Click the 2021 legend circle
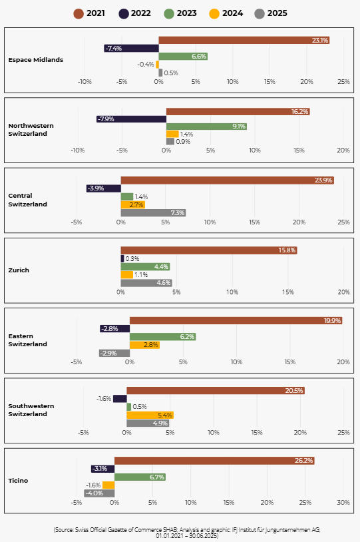79,13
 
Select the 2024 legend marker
214,13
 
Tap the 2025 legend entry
271,13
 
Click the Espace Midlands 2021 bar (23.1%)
244,40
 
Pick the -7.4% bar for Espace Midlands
131,49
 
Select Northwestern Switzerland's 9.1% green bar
206,126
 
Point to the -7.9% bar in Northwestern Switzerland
131,119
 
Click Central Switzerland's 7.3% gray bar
154,213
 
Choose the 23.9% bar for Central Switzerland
228,180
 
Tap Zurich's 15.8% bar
209,250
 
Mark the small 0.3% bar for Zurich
122,258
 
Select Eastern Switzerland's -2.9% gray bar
114,353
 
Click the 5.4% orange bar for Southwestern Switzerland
150,415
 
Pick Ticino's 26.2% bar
214,460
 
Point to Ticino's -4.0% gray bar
99,493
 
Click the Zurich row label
19,270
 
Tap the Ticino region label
18,481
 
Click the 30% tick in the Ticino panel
343,502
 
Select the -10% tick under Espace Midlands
85,82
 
